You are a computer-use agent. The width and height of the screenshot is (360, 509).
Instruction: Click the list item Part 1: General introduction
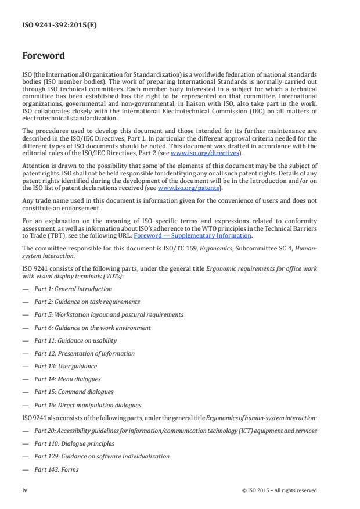click(73, 289)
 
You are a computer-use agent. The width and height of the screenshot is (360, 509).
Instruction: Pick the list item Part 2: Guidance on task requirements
click(87, 302)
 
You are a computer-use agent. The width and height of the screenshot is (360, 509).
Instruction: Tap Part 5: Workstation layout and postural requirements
click(109, 314)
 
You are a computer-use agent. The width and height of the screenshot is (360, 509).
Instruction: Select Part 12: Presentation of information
click(84, 353)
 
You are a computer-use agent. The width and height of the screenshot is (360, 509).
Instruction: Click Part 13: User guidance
click(66, 366)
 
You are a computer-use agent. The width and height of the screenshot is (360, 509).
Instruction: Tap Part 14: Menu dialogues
click(67, 379)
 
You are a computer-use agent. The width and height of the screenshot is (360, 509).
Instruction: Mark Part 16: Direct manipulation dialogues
click(87, 405)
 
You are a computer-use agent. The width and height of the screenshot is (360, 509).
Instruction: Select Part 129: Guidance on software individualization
click(102, 456)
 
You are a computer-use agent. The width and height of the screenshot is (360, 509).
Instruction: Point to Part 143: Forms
click(56, 469)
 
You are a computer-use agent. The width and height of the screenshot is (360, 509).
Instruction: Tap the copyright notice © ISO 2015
click(279, 490)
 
